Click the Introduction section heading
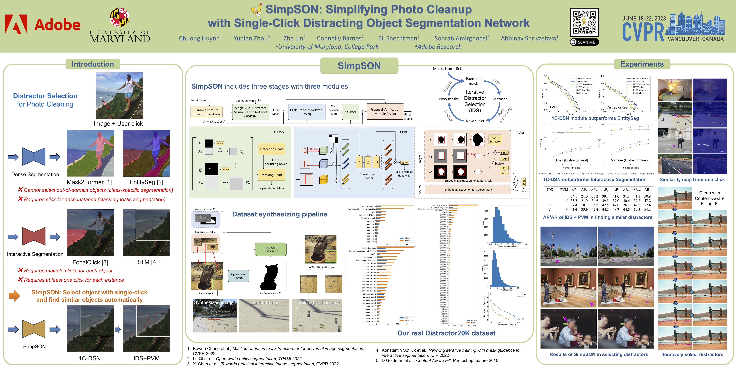pyautogui.click(x=93, y=64)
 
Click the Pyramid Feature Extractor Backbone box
pyautogui.click(x=206, y=112)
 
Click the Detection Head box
pyautogui.click(x=271, y=149)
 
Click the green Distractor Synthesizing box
pyautogui.click(x=271, y=249)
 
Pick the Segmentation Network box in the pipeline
pyautogui.click(x=238, y=276)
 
